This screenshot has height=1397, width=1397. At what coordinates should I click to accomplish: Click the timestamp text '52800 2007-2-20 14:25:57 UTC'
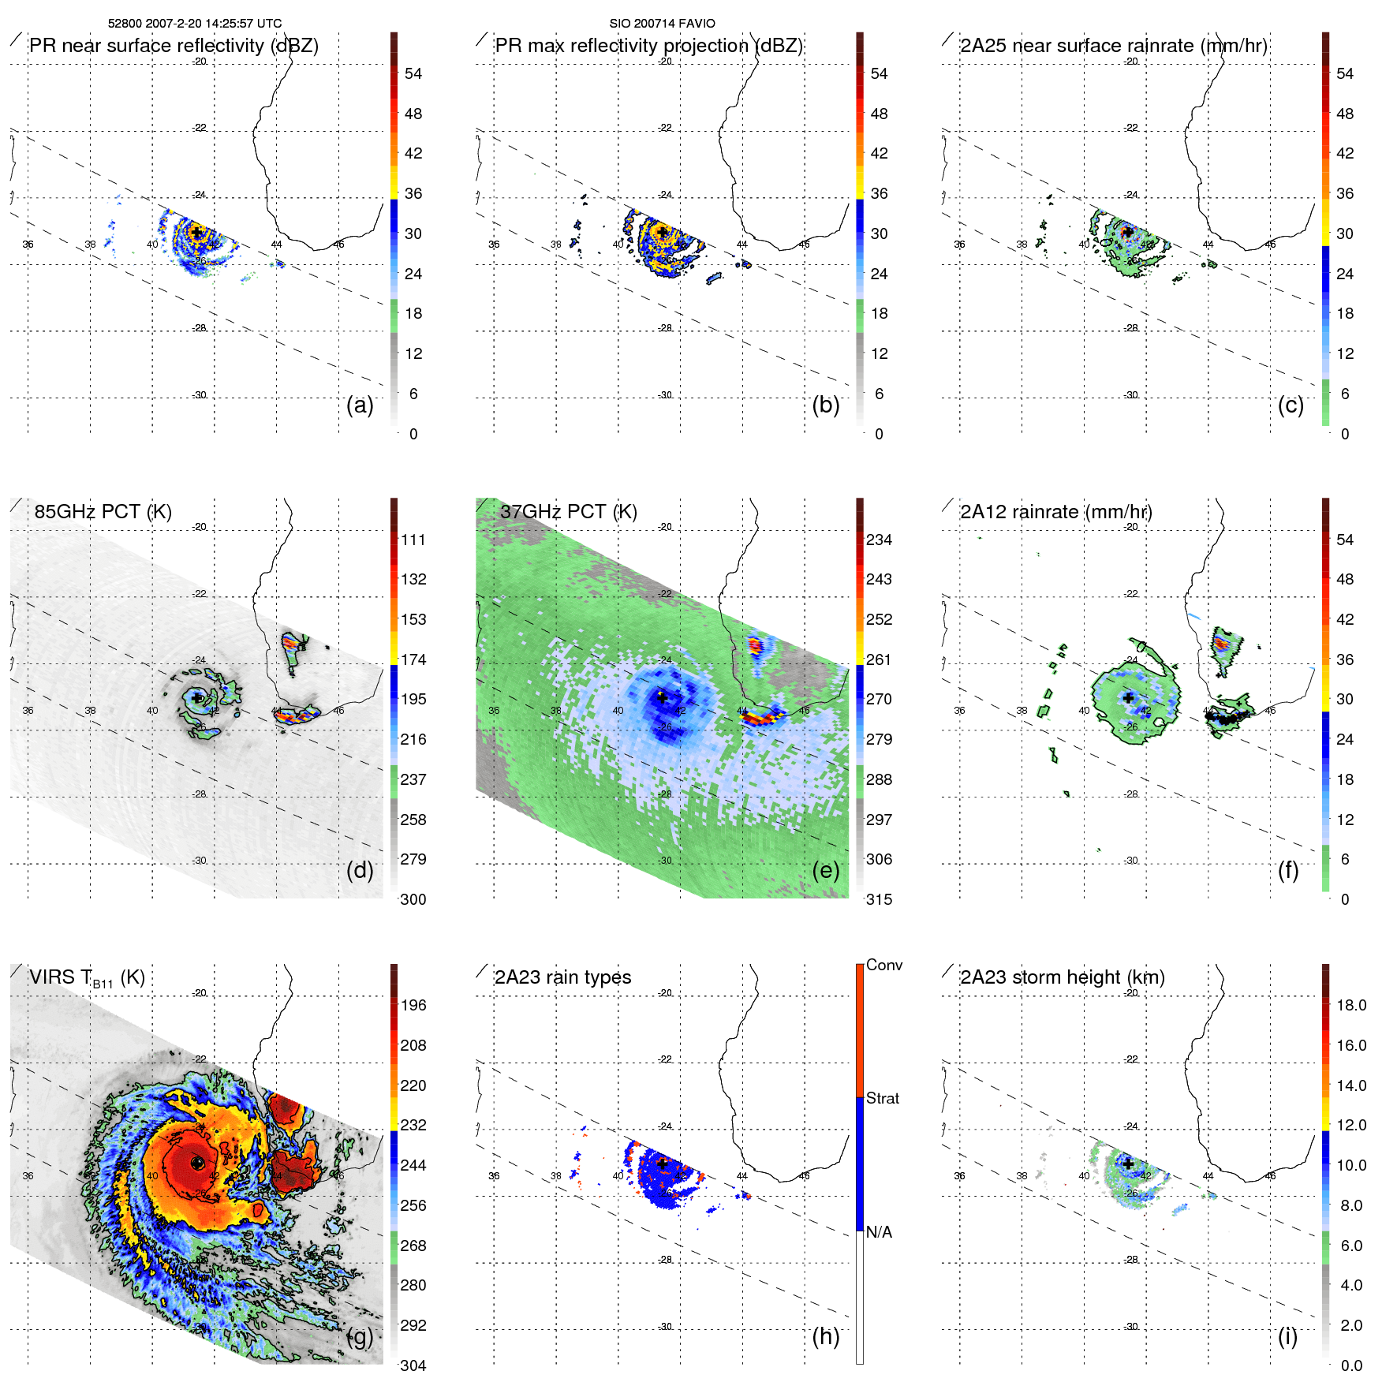(194, 24)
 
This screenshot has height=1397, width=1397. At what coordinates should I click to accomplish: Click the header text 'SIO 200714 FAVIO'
(662, 24)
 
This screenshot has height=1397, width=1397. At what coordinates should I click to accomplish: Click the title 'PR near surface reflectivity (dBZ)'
(174, 46)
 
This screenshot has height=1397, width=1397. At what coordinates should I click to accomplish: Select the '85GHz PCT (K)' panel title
(103, 512)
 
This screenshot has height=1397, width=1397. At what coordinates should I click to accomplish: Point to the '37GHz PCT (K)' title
(568, 512)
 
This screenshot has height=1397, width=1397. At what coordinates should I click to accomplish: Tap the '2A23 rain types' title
(562, 977)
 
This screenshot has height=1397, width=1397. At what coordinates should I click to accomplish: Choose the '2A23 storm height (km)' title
(1062, 977)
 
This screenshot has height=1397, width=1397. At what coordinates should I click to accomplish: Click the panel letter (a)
(360, 405)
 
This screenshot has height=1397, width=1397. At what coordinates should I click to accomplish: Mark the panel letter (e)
(825, 870)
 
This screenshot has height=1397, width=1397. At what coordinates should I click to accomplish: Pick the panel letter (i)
(1287, 1336)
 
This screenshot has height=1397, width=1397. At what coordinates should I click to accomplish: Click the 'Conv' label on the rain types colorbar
(883, 966)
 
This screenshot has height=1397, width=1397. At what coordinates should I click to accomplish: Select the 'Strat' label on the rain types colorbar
(882, 1099)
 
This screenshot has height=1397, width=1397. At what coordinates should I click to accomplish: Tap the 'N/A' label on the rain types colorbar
(879, 1232)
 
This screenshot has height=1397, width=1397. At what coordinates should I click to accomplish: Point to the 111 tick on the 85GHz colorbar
(413, 540)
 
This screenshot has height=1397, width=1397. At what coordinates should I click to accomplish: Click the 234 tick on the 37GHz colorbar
(879, 540)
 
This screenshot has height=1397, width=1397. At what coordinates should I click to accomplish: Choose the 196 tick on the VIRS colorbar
(413, 1006)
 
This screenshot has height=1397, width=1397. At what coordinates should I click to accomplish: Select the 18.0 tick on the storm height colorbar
(1350, 1006)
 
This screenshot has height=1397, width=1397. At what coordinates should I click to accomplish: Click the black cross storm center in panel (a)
(196, 233)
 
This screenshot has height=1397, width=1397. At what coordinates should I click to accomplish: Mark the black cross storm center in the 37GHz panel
(662, 698)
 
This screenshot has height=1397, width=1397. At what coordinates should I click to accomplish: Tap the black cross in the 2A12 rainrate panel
(1128, 698)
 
